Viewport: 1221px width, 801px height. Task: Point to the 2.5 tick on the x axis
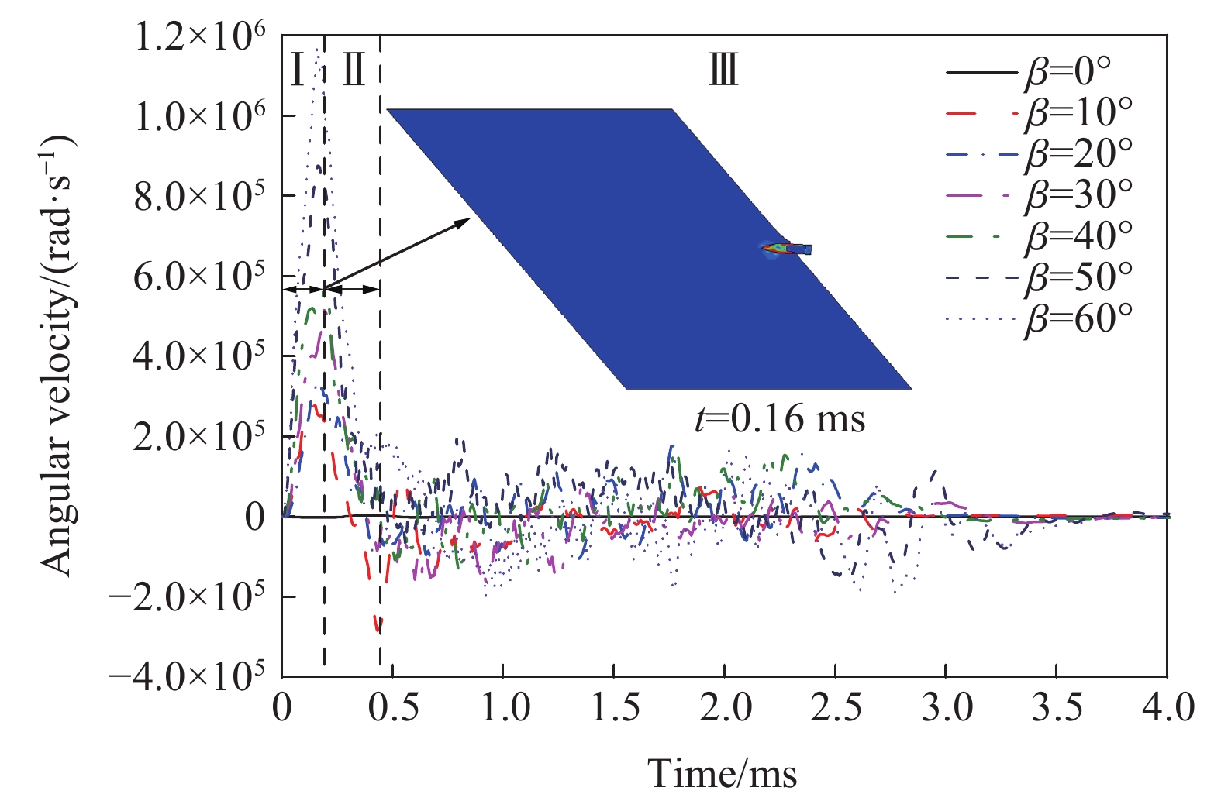836,707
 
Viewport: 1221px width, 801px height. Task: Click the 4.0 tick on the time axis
1168,707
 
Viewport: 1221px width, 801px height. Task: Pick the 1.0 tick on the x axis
504,707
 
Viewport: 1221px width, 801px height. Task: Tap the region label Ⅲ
723,70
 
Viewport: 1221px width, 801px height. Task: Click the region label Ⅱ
354,70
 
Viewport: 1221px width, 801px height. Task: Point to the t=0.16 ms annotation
779,419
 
